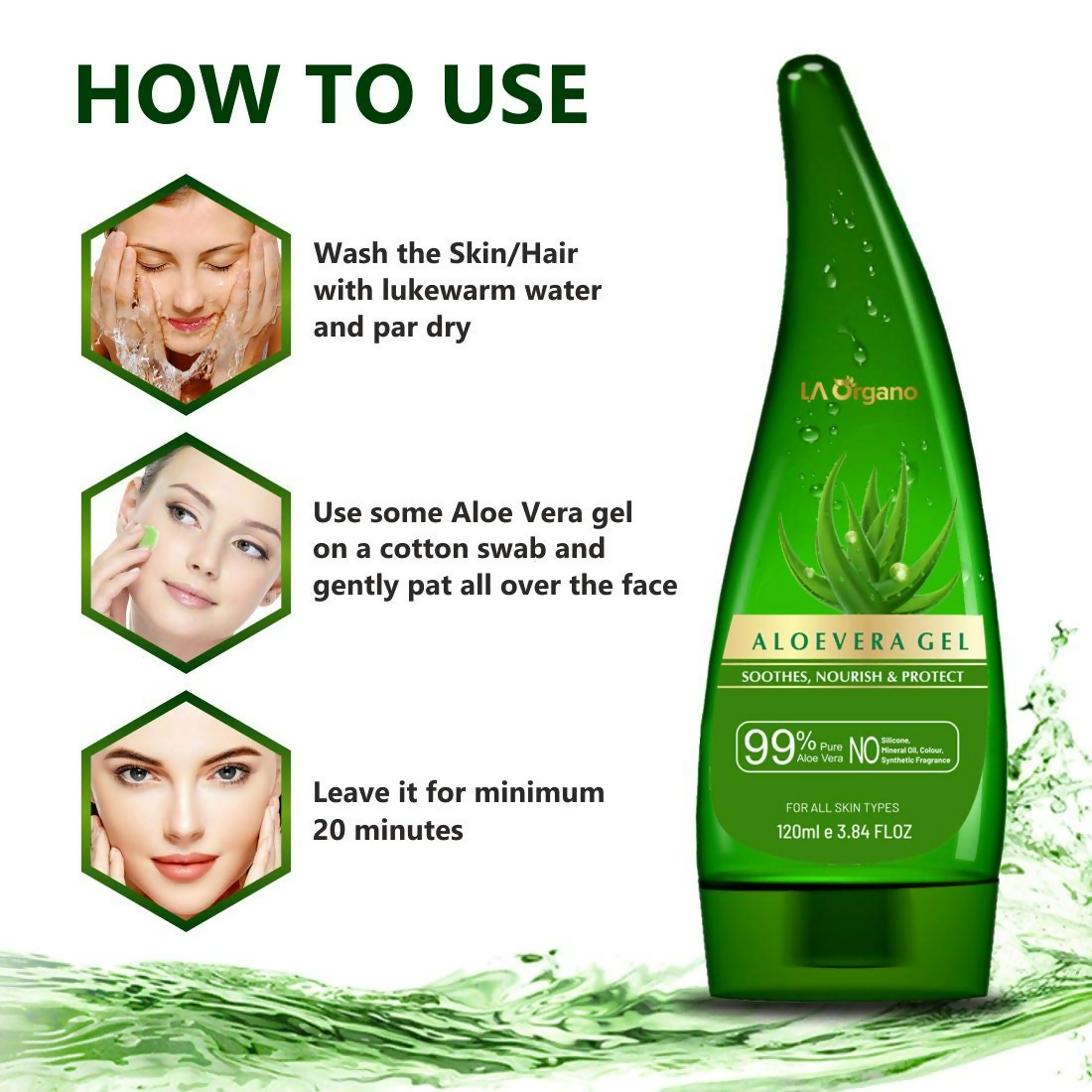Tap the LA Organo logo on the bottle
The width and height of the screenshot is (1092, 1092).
click(x=859, y=391)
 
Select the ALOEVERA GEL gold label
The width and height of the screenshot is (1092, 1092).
click(x=860, y=641)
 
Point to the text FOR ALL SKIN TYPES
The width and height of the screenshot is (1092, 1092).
click(x=843, y=807)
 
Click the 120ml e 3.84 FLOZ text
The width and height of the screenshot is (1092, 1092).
click(x=844, y=831)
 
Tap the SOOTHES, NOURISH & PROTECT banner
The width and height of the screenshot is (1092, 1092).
click(x=853, y=677)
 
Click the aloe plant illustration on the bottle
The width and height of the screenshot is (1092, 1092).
click(x=864, y=536)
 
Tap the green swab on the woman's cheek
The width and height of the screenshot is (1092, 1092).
click(x=148, y=537)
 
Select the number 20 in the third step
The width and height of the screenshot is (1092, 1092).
click(x=330, y=830)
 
